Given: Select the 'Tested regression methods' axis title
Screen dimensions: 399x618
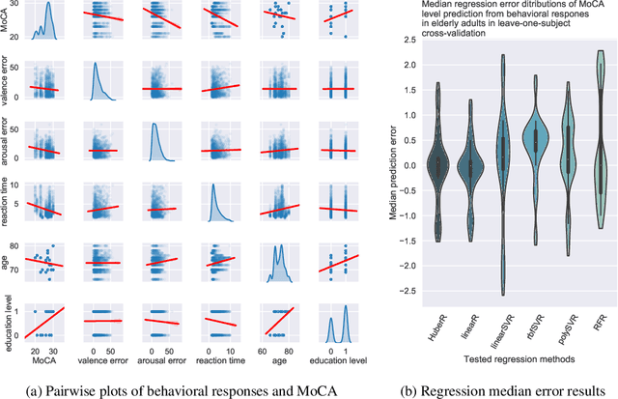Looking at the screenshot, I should [519, 359].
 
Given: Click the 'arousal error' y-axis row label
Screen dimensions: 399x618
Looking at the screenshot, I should [9, 145].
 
